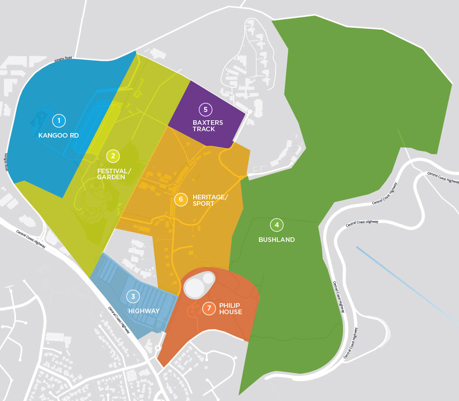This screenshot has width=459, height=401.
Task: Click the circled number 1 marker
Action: pyautogui.click(x=58, y=121)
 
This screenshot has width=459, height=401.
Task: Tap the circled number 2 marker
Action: pyautogui.click(x=113, y=156)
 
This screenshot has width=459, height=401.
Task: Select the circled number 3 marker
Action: pyautogui.click(x=133, y=296)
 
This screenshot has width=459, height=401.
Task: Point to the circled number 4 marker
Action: pyautogui.click(x=276, y=225)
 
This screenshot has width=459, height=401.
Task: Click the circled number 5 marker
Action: pyautogui.click(x=206, y=109)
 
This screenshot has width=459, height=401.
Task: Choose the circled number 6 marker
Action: pyautogui.click(x=181, y=199)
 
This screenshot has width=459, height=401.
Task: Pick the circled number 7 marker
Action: pyautogui.click(x=209, y=309)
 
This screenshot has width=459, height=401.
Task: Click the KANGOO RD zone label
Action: pyautogui.click(x=58, y=135)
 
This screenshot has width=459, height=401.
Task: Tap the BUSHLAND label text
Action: pyautogui.click(x=276, y=240)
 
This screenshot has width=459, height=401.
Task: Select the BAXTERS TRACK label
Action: pyautogui.click(x=207, y=126)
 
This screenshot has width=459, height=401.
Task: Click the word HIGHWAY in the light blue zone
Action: pyautogui.click(x=144, y=311)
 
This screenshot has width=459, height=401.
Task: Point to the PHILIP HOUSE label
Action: pyautogui.click(x=230, y=309)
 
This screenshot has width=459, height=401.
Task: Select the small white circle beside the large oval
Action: pyautogui.click(x=208, y=278)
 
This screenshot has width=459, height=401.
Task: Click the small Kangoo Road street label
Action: pyautogui.click(x=63, y=59)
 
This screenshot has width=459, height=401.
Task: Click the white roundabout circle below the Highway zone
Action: pyautogui.click(x=158, y=348)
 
